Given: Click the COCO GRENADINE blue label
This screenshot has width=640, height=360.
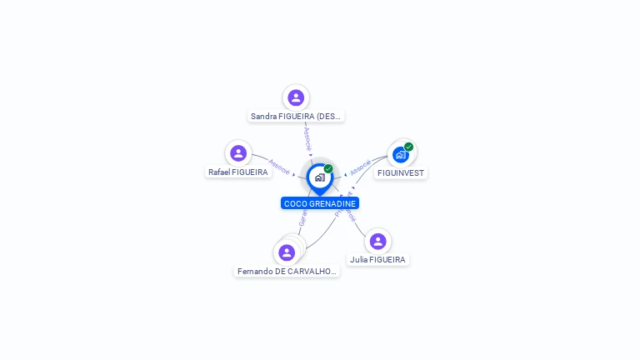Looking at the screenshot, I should pyautogui.click(x=320, y=203).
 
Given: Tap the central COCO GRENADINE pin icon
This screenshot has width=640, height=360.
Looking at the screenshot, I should pyautogui.click(x=319, y=177).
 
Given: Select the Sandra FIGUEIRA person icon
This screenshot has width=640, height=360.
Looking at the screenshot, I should pyautogui.click(x=296, y=97).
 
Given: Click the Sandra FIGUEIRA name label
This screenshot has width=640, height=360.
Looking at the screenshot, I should pyautogui.click(x=296, y=117).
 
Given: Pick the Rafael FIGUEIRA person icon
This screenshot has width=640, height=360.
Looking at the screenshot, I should pyautogui.click(x=238, y=152).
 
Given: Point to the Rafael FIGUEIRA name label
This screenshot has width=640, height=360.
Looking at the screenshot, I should pyautogui.click(x=238, y=172).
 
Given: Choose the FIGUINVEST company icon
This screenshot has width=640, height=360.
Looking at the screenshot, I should pyautogui.click(x=401, y=154).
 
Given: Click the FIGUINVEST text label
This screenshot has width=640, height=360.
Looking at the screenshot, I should pyautogui.click(x=401, y=173).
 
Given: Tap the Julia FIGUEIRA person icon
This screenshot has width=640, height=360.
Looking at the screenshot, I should pyautogui.click(x=377, y=241).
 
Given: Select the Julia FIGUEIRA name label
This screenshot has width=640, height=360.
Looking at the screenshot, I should pyautogui.click(x=377, y=260).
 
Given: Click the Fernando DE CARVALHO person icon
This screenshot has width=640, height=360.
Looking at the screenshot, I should pyautogui.click(x=287, y=252).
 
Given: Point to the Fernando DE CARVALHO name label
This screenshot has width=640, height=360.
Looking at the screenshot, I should pyautogui.click(x=287, y=272).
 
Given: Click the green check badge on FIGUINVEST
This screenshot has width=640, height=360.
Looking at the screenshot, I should pyautogui.click(x=408, y=147).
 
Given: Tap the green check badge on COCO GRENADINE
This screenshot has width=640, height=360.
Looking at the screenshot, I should pyautogui.click(x=328, y=168).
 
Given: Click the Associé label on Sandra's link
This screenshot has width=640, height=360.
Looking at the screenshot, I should pyautogui.click(x=307, y=138).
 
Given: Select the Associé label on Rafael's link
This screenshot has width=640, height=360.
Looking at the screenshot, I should pyautogui.click(x=279, y=167).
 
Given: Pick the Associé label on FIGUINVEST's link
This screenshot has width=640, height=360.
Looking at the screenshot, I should pyautogui.click(x=361, y=167).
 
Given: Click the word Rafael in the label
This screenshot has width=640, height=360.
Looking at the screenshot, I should pyautogui.click(x=219, y=172).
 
